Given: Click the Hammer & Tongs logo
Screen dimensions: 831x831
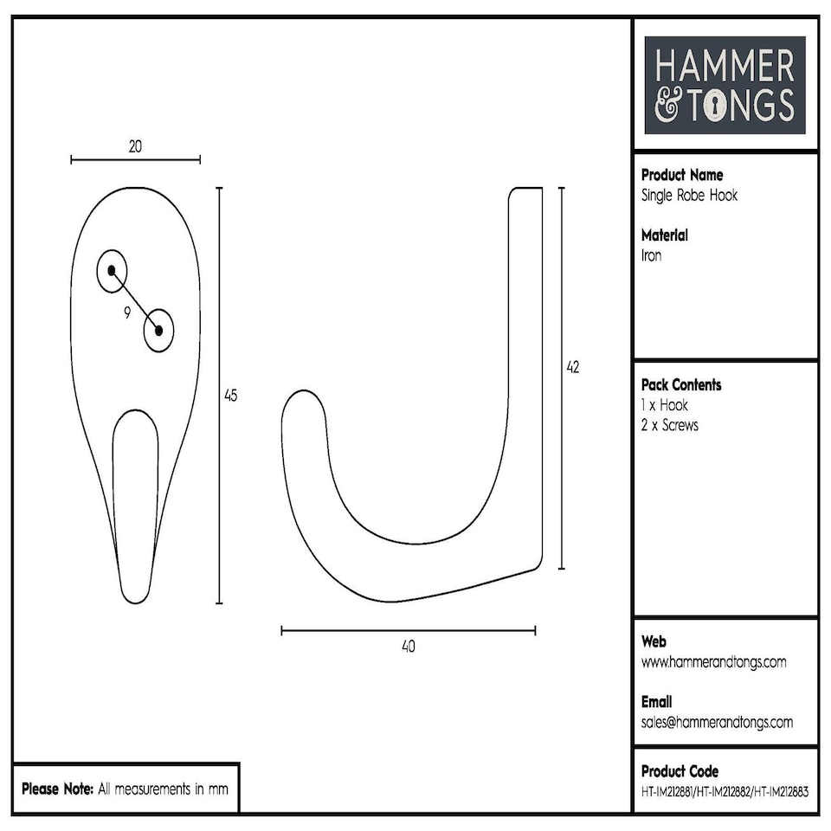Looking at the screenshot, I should click(725, 85).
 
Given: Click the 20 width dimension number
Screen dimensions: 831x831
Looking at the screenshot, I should click(135, 147).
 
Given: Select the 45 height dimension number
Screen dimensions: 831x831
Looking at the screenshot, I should click(230, 396).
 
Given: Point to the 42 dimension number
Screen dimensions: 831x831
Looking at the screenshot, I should click(572, 367).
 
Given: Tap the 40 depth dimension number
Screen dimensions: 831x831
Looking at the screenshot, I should click(409, 647).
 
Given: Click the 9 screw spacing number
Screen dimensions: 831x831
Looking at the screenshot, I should click(127, 313).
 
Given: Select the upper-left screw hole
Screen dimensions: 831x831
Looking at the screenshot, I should click(112, 270).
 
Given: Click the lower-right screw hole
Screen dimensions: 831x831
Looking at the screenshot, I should click(159, 330).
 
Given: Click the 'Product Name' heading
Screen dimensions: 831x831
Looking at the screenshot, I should click(682, 175).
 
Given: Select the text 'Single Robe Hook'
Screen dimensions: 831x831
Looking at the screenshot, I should click(689, 196).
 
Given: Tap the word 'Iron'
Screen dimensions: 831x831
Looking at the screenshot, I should click(651, 255).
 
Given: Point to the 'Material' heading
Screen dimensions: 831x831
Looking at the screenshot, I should click(665, 235).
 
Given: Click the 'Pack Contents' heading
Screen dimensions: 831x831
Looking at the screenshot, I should click(681, 385).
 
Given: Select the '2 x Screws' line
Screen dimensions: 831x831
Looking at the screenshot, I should click(669, 426).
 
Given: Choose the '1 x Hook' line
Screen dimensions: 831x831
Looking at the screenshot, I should click(665, 405).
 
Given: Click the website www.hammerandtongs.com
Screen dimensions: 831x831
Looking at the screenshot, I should click(713, 662).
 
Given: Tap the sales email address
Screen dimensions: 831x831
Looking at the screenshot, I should click(717, 723).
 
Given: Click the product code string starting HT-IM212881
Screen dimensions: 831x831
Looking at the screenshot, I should click(725, 790).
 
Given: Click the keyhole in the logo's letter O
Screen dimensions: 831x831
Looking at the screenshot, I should click(716, 106).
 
